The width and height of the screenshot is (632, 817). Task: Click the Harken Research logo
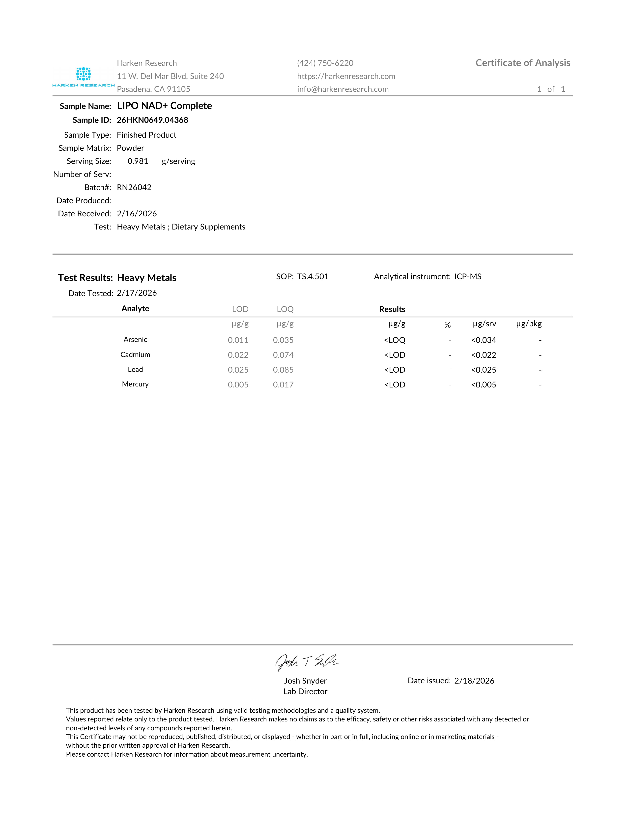point(84,77)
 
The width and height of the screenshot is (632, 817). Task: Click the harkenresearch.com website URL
point(346,76)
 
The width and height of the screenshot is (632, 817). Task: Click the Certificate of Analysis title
point(523,63)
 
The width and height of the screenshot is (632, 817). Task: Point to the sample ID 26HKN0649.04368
point(152,120)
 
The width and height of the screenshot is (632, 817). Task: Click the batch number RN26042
point(134,187)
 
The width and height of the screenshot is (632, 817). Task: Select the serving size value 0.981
point(138,161)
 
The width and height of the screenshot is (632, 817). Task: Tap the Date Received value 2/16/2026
point(137,214)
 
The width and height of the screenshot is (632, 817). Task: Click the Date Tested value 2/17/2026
point(137,293)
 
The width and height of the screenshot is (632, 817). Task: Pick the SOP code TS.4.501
point(313,277)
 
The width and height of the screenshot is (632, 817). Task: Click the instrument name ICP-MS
point(468,277)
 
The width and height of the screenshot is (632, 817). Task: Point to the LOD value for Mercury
point(238,384)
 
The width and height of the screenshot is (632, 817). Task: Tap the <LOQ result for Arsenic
point(395,340)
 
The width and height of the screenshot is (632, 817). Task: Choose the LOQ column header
point(285,309)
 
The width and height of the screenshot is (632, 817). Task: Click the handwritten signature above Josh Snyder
point(306,663)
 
